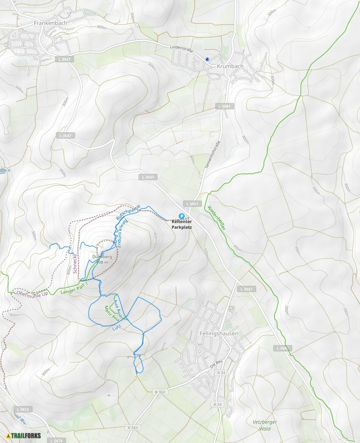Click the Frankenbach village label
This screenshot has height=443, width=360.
(50, 23)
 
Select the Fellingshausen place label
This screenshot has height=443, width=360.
(219, 334)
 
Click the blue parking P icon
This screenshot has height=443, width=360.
(181, 216)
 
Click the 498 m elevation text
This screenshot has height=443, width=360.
(102, 262)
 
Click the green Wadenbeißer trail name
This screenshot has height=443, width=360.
(216, 217)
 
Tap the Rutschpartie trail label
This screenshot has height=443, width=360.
(128, 211)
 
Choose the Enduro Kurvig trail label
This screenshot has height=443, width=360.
(122, 231)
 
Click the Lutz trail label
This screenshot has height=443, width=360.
(118, 328)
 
